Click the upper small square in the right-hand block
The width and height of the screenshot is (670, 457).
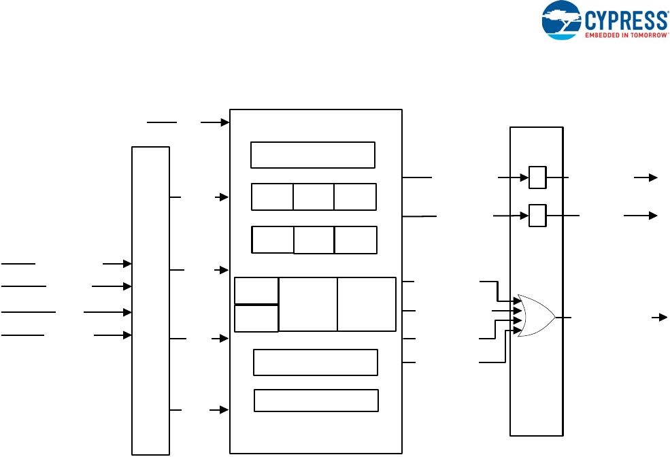[537, 177]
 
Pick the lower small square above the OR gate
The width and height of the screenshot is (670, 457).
[537, 216]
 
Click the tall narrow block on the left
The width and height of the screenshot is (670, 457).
[150, 300]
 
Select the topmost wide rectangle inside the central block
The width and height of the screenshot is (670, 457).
[313, 154]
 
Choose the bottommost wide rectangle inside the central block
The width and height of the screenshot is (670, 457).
[316, 401]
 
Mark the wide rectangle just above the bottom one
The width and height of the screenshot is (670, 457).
[316, 362]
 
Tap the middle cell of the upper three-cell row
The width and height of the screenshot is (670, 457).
[314, 197]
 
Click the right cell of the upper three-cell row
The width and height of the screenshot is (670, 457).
[355, 197]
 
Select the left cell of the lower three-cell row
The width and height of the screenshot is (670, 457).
[273, 239]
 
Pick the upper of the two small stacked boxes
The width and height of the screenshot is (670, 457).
[256, 290]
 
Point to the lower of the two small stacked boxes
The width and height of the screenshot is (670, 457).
[256, 318]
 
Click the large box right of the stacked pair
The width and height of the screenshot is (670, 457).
[308, 304]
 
